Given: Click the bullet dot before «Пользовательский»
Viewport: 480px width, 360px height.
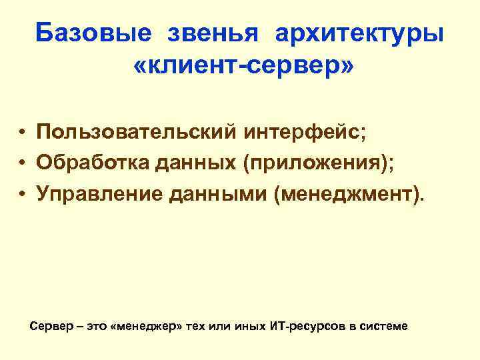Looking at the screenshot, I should point(23,132).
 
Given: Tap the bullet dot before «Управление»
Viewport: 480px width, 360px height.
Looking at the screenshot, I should point(23,194).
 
